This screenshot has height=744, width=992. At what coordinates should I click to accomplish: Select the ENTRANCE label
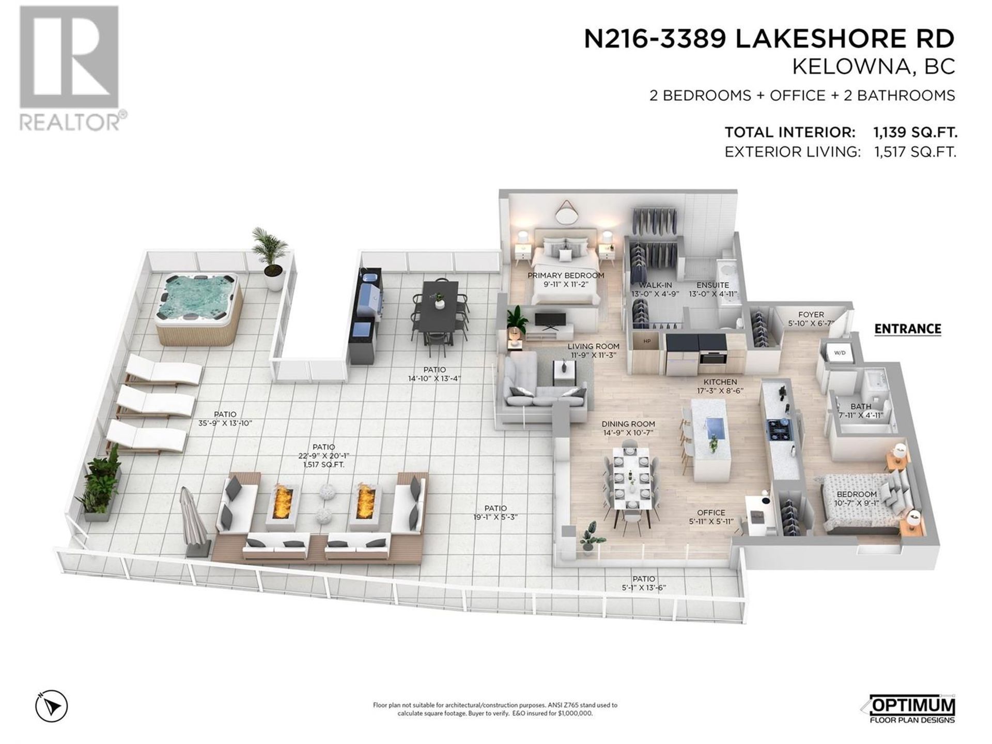(907, 329)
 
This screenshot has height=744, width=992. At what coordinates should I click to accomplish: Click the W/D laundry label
(840, 353)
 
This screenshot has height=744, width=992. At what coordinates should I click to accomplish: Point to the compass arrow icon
(51, 705)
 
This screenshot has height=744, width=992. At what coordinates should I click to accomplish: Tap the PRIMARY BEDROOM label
(566, 275)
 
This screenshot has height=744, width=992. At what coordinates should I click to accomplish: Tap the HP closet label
(647, 342)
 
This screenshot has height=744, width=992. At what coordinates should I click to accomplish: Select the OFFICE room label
(711, 513)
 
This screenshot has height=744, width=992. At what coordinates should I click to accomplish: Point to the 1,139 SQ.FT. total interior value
(916, 133)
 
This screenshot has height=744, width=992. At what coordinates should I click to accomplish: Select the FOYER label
(811, 314)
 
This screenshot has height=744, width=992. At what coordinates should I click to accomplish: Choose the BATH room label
(861, 407)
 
